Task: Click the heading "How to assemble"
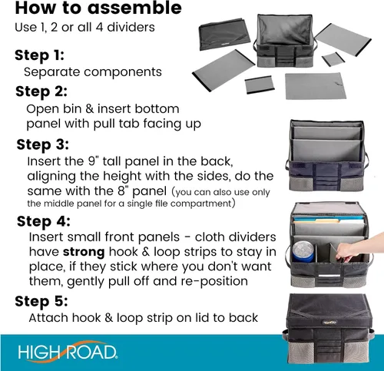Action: coord(98,8)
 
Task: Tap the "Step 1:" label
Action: coord(39,55)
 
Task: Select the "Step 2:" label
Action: coord(41,91)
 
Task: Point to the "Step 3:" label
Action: coord(42,144)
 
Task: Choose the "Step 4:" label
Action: coord(44,221)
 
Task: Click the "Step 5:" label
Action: coord(41,301)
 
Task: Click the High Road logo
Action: coord(68,352)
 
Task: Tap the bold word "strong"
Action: coord(84,252)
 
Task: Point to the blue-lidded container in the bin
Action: coord(303,251)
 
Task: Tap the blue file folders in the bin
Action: coord(328,220)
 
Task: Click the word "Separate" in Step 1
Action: coord(52,72)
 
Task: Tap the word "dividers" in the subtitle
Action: coord(131,27)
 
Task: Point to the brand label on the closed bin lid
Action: coord(329,323)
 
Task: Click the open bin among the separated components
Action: coord(283,41)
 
